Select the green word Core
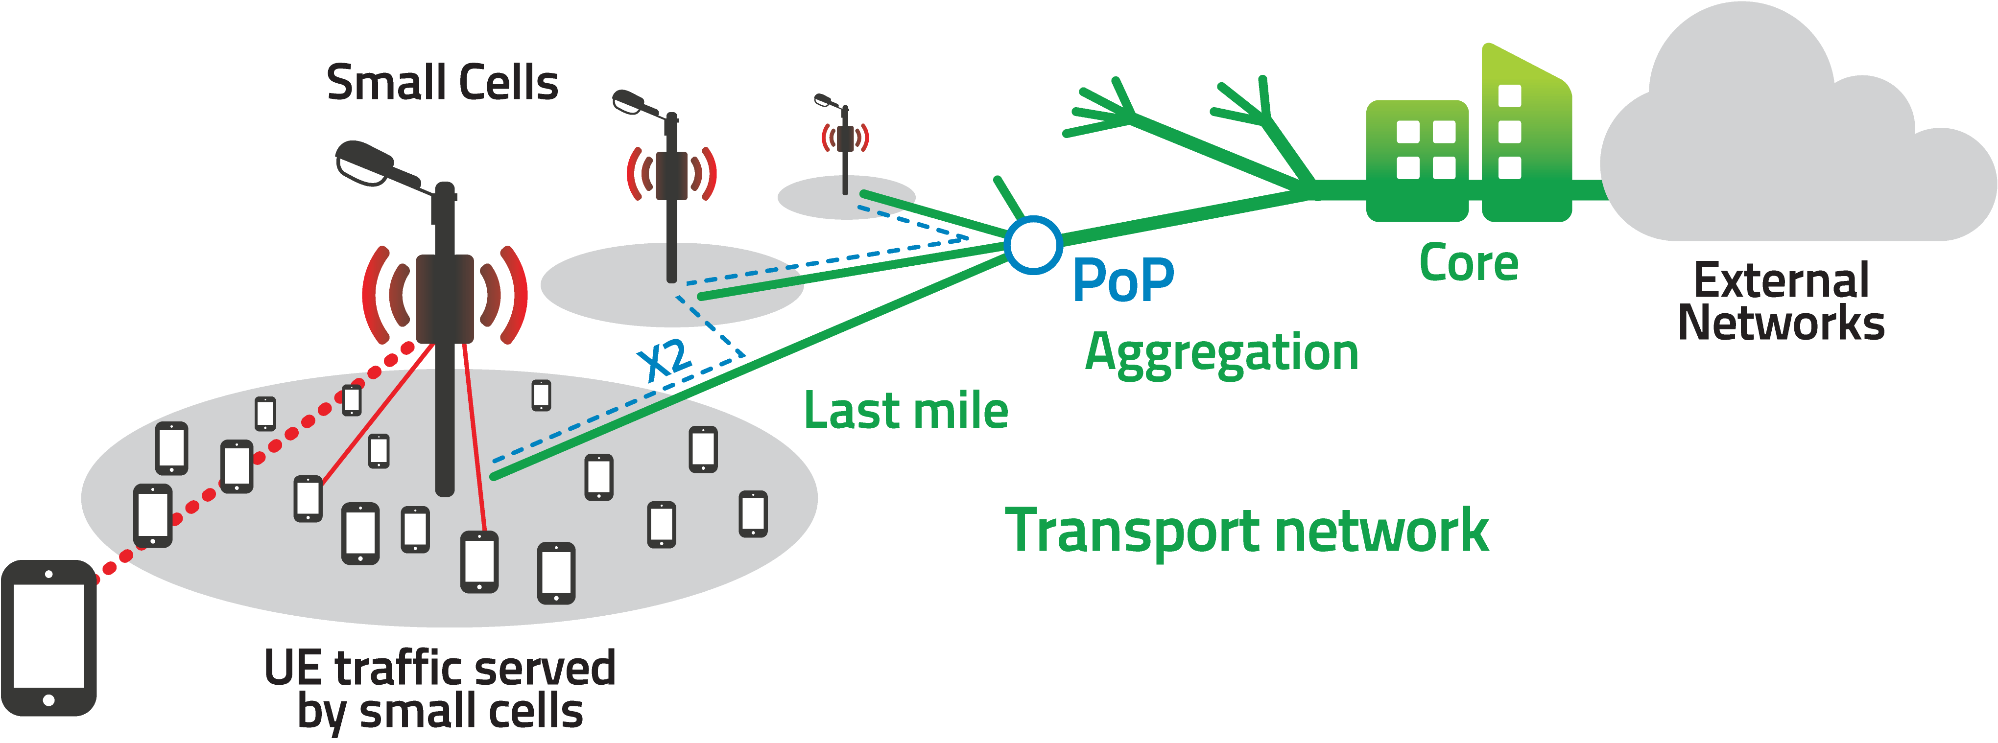(x=1468, y=264)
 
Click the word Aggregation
(x=1222, y=354)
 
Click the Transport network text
(x=1246, y=531)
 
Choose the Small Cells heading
(x=442, y=84)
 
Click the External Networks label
(x=1781, y=302)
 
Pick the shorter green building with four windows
(x=1416, y=159)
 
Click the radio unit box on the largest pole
(x=445, y=299)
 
